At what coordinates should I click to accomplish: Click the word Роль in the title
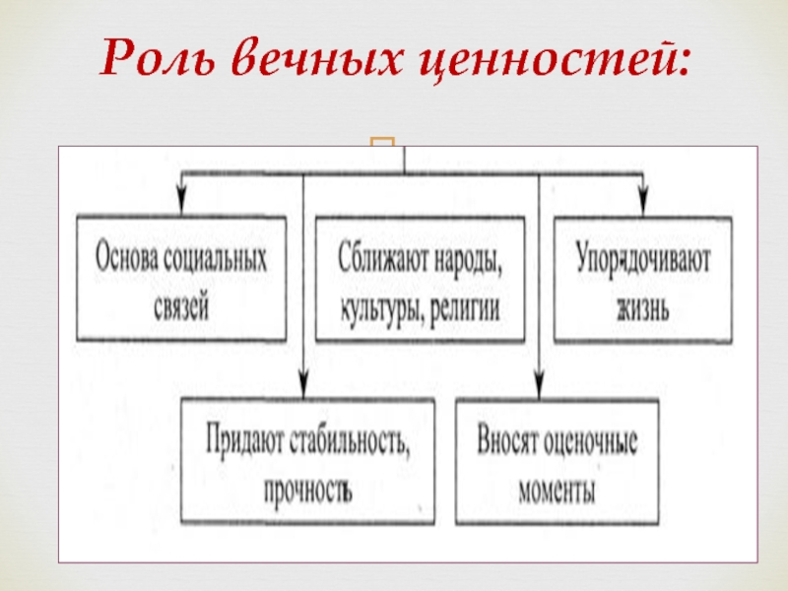[157, 62]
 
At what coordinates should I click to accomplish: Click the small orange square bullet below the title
[382, 148]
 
